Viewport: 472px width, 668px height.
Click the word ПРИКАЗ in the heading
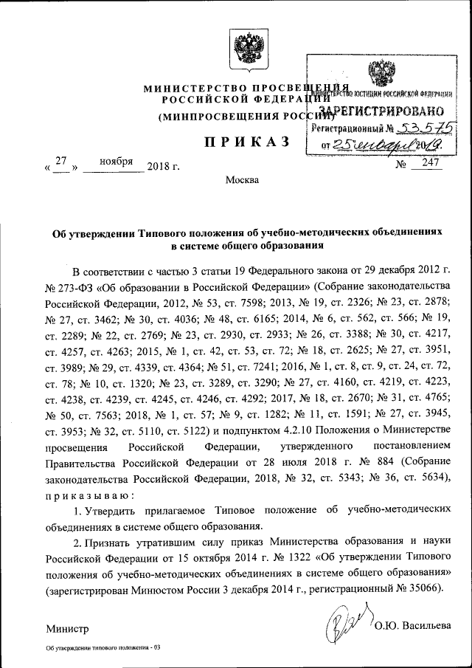(235, 142)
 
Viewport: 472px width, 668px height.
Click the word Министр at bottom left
(66, 629)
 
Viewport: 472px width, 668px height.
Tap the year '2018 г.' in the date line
(163, 166)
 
